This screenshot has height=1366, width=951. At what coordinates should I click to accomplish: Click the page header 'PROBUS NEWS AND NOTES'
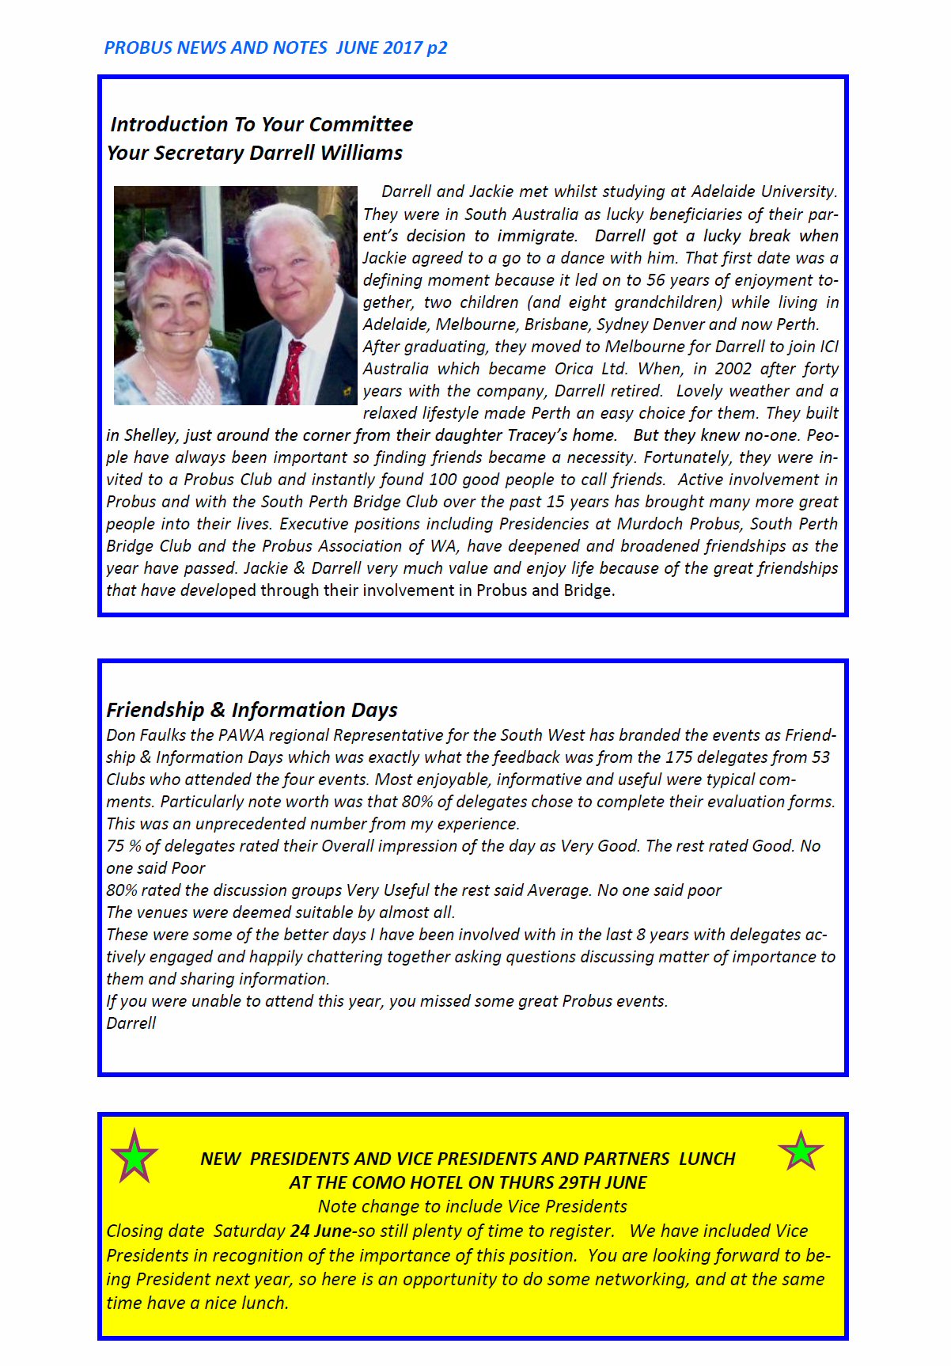point(215,47)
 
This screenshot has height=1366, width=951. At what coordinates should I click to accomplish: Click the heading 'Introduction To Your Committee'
point(261,124)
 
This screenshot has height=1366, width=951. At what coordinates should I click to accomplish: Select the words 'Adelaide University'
point(764,192)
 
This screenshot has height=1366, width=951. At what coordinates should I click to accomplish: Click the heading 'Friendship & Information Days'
point(252,710)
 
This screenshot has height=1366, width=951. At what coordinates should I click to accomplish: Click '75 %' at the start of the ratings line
point(123,846)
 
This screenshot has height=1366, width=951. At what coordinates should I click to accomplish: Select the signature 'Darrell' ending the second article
point(131,1023)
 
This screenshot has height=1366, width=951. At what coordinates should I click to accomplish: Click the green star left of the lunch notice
point(135,1156)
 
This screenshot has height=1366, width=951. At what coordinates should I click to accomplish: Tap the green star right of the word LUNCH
point(801,1152)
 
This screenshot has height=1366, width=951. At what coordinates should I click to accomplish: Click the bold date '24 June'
point(320,1231)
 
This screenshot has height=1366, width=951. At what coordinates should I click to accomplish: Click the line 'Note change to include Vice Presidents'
point(472,1207)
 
